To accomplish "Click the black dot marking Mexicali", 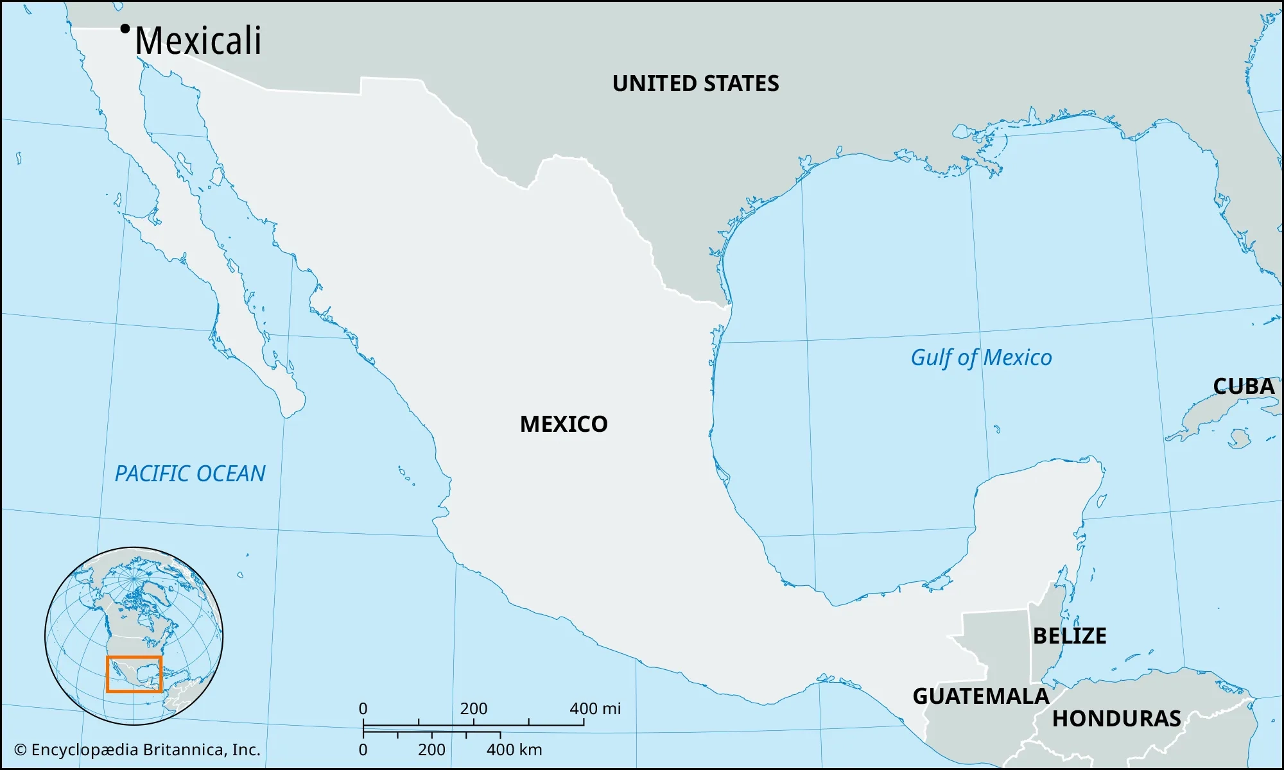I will click(x=125, y=28).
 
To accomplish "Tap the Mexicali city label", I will click(x=198, y=41).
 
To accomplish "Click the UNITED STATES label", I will click(x=695, y=83).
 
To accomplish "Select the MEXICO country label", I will click(x=564, y=424).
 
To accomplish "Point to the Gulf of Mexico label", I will click(x=981, y=358).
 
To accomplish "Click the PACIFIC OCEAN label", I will click(x=190, y=474).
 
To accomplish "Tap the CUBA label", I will click(x=1244, y=386).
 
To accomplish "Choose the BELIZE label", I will click(x=1070, y=636).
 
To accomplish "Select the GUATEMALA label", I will click(x=980, y=696).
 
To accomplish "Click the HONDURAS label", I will click(x=1116, y=719).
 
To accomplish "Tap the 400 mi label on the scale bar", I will click(x=595, y=708).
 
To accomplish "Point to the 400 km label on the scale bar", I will click(x=514, y=749).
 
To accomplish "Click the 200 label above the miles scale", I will click(x=474, y=708).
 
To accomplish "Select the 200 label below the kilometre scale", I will click(x=431, y=749).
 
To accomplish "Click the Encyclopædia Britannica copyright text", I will click(x=137, y=749).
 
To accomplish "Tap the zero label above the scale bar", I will click(x=363, y=708).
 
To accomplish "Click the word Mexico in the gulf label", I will click(x=1017, y=358).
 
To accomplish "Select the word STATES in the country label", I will click(x=741, y=83).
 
